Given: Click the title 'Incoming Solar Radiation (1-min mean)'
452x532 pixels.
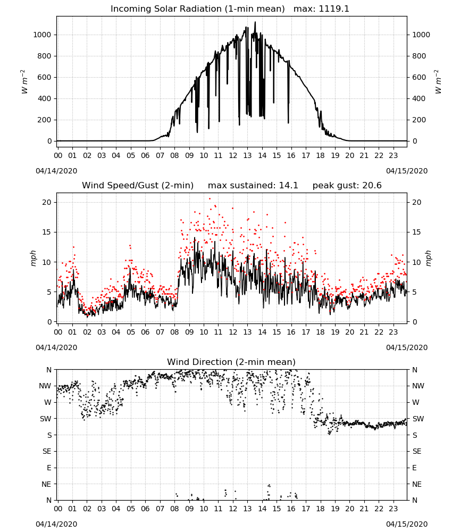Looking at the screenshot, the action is [x=198, y=9].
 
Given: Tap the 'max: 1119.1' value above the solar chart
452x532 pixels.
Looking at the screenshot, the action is [x=321, y=9].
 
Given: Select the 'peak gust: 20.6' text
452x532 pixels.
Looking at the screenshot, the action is [x=347, y=186].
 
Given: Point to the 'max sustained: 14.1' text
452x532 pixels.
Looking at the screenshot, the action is [x=253, y=185].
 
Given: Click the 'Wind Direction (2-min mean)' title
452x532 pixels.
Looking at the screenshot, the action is [x=231, y=362].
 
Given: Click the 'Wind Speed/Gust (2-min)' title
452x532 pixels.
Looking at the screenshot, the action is [x=138, y=185].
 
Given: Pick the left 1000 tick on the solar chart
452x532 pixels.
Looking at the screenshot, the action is [x=42, y=35].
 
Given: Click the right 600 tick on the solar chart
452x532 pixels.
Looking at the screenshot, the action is [x=419, y=77].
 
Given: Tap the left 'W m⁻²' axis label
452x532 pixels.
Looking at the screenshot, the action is [x=24, y=81].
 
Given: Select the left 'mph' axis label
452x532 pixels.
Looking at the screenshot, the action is [x=33, y=258].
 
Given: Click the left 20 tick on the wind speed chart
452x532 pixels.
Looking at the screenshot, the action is [x=47, y=202].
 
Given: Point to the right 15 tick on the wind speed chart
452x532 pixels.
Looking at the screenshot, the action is [x=416, y=232].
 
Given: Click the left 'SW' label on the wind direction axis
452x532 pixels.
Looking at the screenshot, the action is [x=45, y=419].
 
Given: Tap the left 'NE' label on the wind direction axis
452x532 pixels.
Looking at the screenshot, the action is [x=46, y=484].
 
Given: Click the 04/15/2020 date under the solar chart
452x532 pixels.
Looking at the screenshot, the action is [x=407, y=171].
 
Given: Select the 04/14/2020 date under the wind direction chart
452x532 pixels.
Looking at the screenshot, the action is [x=56, y=524].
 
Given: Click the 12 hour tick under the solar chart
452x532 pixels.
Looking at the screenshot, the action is [x=233, y=155].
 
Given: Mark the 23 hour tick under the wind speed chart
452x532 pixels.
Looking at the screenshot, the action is [x=394, y=332].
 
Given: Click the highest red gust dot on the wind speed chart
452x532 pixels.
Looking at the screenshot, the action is [x=210, y=198].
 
